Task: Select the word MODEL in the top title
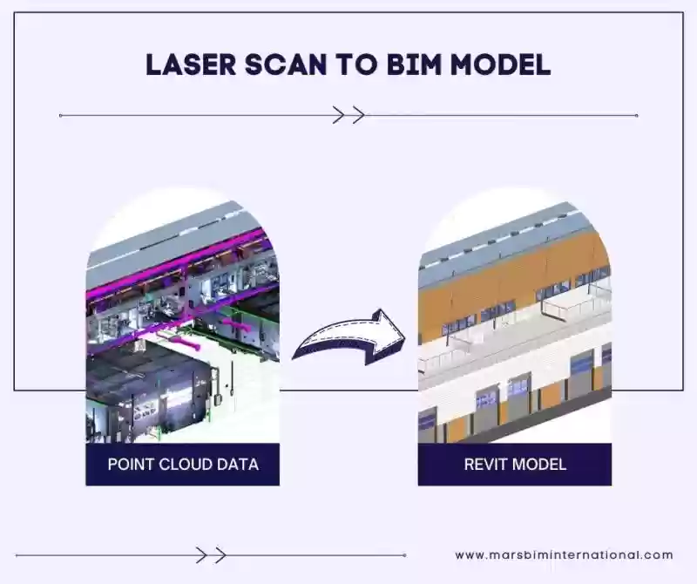pyautogui.click(x=500, y=65)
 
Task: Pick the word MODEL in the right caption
pyautogui.click(x=537, y=465)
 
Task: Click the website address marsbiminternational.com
pyautogui.click(x=564, y=555)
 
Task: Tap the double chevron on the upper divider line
pyautogui.click(x=349, y=115)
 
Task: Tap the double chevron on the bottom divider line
pyautogui.click(x=211, y=555)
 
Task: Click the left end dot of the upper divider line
pyautogui.click(x=60, y=116)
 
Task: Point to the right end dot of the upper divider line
pyautogui.click(x=637, y=116)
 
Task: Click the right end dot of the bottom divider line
pyautogui.click(x=404, y=555)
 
